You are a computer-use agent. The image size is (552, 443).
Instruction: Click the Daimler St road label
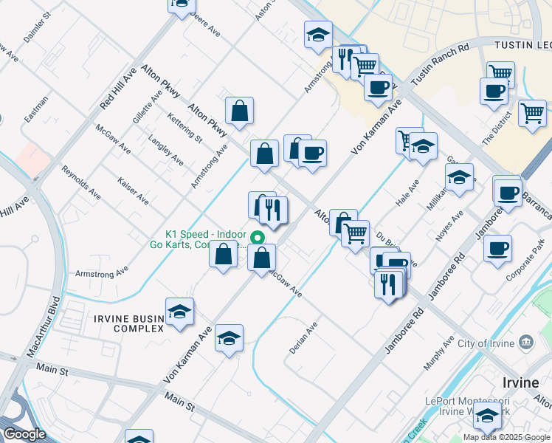pyautogui.click(x=37, y=26)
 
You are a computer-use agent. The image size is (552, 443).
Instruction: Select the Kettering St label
pyautogui.click(x=184, y=126)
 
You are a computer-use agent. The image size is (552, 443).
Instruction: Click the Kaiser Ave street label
pyautogui.click(x=133, y=190)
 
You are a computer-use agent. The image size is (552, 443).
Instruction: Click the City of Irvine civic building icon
pyautogui.click(x=525, y=343)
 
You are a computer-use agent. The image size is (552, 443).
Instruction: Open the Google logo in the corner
pyautogui.click(x=24, y=434)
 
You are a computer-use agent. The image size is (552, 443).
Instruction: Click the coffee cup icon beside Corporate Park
pyautogui.click(x=498, y=247)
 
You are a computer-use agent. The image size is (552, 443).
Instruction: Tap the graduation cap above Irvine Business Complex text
pyautogui.click(x=179, y=312)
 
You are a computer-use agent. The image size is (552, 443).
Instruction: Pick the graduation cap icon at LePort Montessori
pyautogui.click(x=487, y=417)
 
